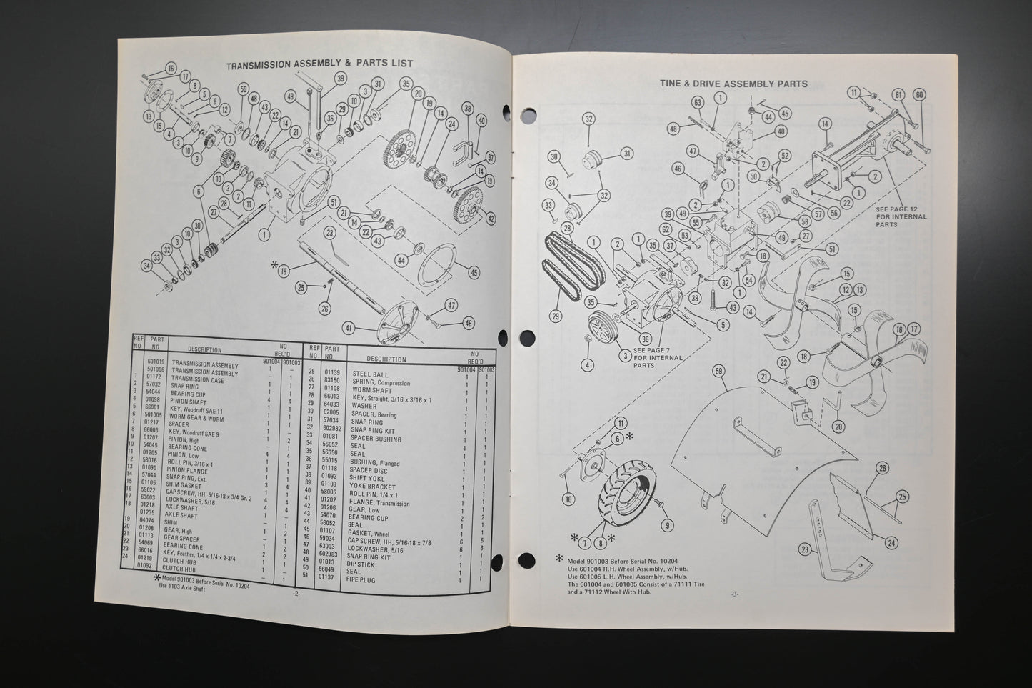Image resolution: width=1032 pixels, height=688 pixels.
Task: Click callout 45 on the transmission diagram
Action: coord(474,271)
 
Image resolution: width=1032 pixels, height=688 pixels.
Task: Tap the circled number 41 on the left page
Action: coord(348,329)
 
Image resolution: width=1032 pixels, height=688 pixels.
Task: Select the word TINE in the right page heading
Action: coord(673,84)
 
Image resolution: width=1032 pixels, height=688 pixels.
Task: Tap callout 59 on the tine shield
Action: coord(718,370)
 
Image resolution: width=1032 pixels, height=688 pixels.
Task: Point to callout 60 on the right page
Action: coord(919,94)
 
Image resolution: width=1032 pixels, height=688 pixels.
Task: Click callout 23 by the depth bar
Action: coord(805,550)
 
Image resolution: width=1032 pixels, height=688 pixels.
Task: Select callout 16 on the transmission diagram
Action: coord(170,69)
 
